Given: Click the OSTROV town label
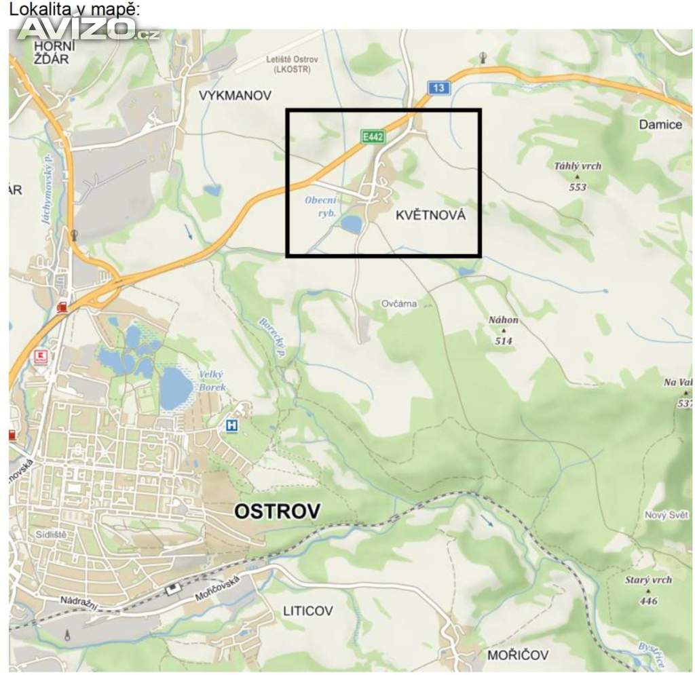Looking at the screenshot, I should pos(276,512).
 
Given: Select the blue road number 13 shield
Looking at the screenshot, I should pos(439,88).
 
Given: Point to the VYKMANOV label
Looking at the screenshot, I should pos(236,96).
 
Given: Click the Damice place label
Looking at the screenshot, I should pos(660,124).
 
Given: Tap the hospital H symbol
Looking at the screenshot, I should pos(232,425).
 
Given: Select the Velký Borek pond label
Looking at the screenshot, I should pos(211,381).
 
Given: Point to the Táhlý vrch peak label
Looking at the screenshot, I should pos(578,166).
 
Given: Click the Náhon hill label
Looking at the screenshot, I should pos(504,320).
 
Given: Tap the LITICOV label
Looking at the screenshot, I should pos(308,611).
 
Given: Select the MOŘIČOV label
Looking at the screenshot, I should pos(518,655).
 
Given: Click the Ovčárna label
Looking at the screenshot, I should pos(398,303).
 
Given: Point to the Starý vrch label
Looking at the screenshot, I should pos(648,581).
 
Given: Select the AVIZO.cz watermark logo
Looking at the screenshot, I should pos(88,28).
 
